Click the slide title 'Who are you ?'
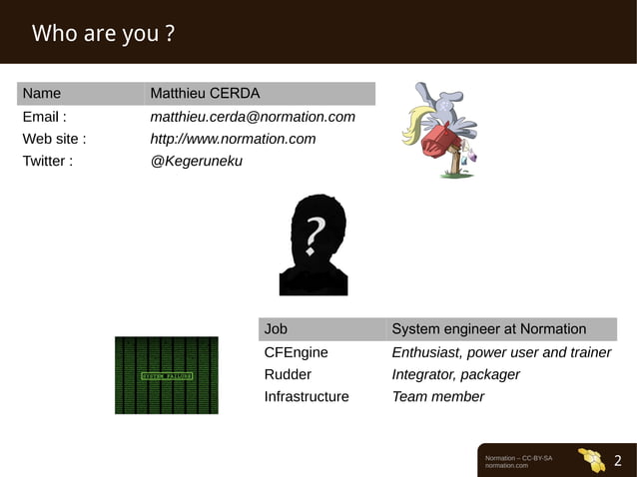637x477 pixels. pos(104,34)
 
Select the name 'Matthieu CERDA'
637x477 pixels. pos(205,94)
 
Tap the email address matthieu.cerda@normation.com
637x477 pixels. pos(253,117)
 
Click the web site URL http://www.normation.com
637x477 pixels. pos(233,139)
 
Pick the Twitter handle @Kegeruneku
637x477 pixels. pos(197,161)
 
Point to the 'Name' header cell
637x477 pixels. pos(42,94)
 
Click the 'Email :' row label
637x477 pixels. pos(45,117)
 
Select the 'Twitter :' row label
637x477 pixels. pos(48,161)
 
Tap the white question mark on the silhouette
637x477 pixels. pos(315,236)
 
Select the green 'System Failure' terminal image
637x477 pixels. pos(166,375)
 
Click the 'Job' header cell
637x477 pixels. pos(276,329)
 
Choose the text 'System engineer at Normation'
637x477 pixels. pos(489,329)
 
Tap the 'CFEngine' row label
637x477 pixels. pos(296,352)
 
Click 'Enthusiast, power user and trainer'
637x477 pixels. pos(501,352)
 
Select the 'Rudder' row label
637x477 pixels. pos(288,374)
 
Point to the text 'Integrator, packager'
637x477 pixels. pos(456,374)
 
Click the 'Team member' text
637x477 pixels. pos(438,396)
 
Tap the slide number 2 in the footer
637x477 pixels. pos(617,460)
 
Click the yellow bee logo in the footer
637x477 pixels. pos(592,460)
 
